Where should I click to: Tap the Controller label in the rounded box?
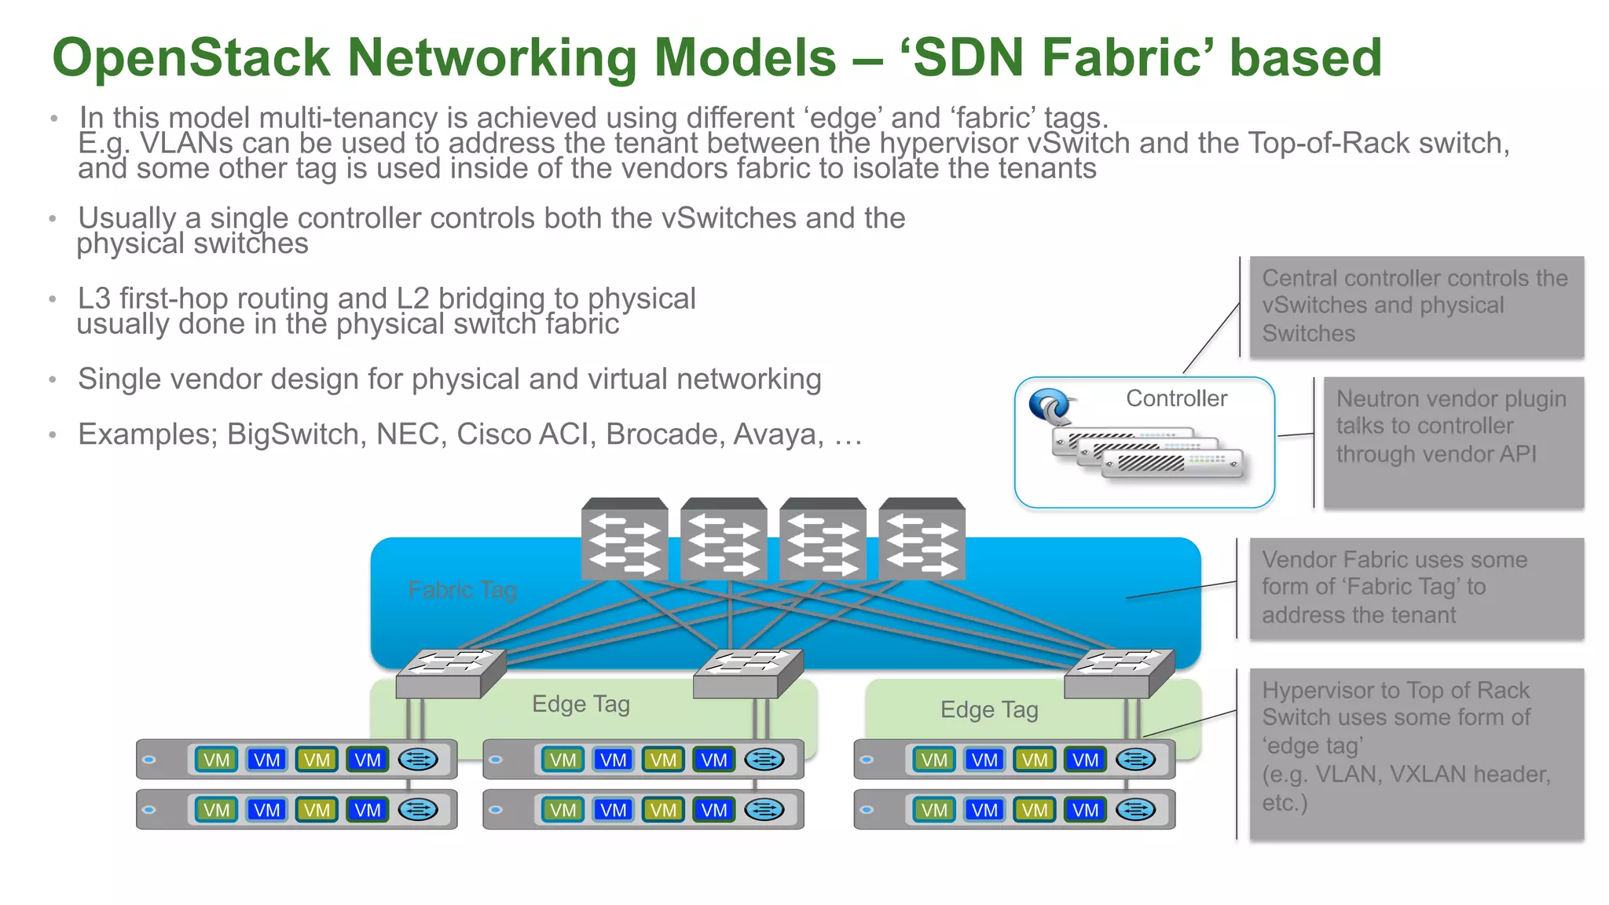tap(1176, 398)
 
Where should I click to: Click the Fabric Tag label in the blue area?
tap(462, 589)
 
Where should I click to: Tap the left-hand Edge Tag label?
tap(581, 704)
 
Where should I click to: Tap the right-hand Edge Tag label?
tap(989, 710)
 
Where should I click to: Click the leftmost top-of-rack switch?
tap(450, 674)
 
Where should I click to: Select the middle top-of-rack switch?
tap(748, 674)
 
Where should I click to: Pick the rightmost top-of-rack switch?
tap(1119, 674)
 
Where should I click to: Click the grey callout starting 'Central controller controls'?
tap(1416, 306)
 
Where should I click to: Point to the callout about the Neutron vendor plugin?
tap(1453, 442)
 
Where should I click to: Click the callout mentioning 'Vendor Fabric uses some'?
tap(1416, 588)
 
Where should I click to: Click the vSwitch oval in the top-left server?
tap(417, 760)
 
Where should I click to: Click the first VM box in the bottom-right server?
tap(934, 810)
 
